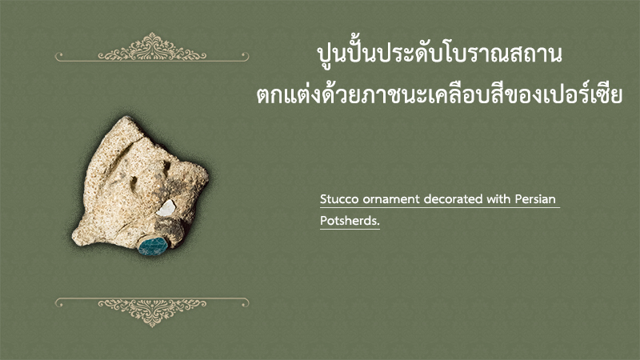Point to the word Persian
(535, 199)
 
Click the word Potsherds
(350, 221)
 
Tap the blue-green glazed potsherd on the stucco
(153, 246)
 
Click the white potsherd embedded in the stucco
(166, 208)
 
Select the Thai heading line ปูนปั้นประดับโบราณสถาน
(439, 55)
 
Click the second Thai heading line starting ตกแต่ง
(439, 95)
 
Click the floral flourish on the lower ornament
(152, 312)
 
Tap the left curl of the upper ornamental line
(58, 55)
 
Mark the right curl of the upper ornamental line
(245, 55)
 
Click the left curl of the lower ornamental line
(58, 302)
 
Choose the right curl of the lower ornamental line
(245, 302)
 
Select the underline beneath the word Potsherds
(350, 229)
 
